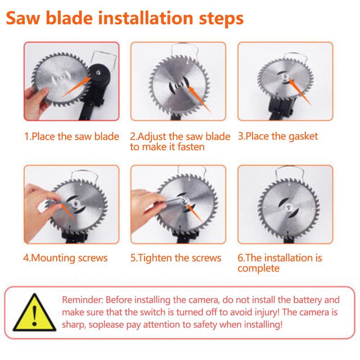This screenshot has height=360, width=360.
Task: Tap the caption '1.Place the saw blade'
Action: coord(71,136)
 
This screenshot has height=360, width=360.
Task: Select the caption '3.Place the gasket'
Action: coord(278,136)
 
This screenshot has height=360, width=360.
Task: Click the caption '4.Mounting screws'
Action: coord(66,258)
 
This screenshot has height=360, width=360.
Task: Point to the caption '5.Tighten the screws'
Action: coord(176,258)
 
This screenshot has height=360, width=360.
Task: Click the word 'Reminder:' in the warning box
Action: coord(82,300)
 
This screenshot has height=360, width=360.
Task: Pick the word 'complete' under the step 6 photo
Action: coord(258,269)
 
